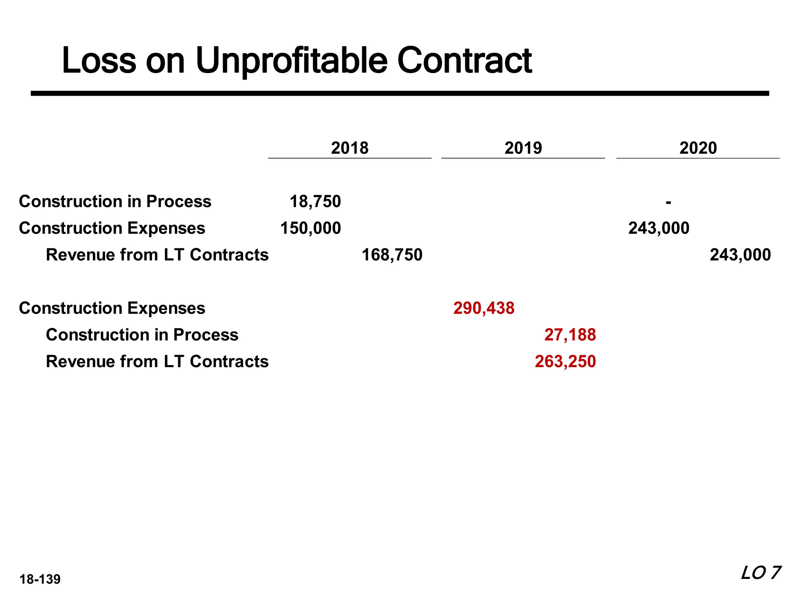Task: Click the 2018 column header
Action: pyautogui.click(x=350, y=148)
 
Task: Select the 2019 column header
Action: pyautogui.click(x=523, y=148)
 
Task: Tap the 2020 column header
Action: pyautogui.click(x=698, y=148)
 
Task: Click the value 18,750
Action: pyautogui.click(x=315, y=202)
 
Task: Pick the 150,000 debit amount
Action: pyautogui.click(x=311, y=228)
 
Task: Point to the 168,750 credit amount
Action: pyautogui.click(x=392, y=255)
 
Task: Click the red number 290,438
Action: pyautogui.click(x=484, y=308)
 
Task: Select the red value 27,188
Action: pyautogui.click(x=570, y=335)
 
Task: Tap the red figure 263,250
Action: pyautogui.click(x=565, y=361)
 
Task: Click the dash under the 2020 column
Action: pyautogui.click(x=668, y=202)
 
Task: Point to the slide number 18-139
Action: pyautogui.click(x=40, y=579)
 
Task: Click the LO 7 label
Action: pyautogui.click(x=760, y=573)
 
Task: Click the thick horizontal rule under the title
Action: pyautogui.click(x=400, y=93)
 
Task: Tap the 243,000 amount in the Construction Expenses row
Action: pyautogui.click(x=659, y=228)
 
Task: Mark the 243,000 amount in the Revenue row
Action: pyautogui.click(x=740, y=255)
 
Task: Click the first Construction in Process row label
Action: pyautogui.click(x=115, y=202)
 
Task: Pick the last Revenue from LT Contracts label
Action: pyautogui.click(x=157, y=361)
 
